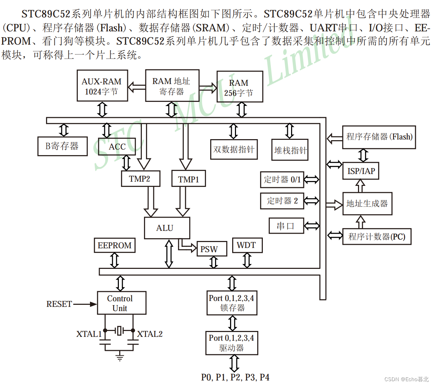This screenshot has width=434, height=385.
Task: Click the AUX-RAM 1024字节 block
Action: (102, 86)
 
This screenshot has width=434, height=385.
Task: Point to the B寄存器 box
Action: (62, 146)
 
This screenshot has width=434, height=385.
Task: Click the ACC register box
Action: (117, 146)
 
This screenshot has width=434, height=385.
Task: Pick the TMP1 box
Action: (189, 179)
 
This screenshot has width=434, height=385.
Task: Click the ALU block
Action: (167, 228)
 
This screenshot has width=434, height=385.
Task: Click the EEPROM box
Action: (114, 246)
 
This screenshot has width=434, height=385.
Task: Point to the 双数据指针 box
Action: (234, 150)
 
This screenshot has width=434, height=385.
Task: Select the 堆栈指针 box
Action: (290, 150)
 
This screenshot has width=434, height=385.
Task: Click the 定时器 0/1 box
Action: (282, 180)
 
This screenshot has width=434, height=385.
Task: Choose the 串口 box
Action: (286, 226)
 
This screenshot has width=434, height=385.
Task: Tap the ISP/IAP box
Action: (361, 171)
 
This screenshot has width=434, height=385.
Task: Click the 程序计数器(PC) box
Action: (377, 237)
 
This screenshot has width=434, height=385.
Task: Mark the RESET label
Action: (59, 304)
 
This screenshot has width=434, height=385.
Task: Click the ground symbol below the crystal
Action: (120, 356)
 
